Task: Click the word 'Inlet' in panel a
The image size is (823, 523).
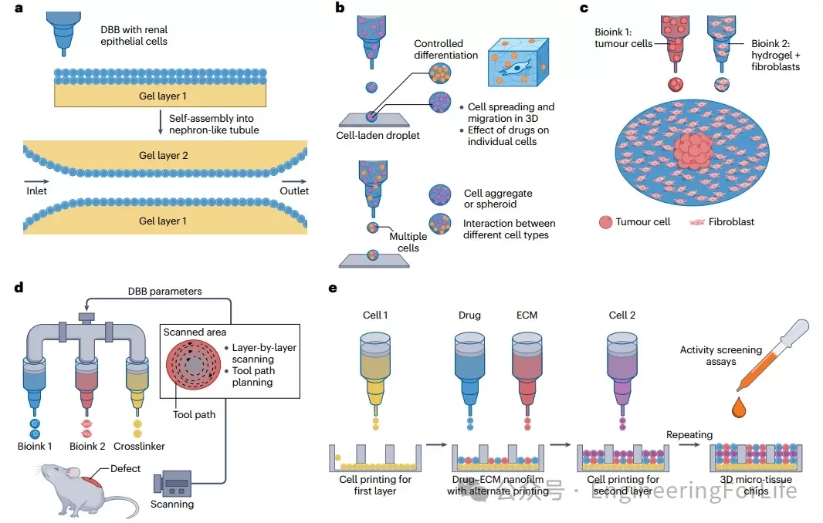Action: pyautogui.click(x=36, y=191)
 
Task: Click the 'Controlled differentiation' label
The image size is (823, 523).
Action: pyautogui.click(x=445, y=49)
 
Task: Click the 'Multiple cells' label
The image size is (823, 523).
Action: pyautogui.click(x=404, y=242)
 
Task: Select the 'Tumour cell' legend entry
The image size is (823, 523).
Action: pyautogui.click(x=638, y=222)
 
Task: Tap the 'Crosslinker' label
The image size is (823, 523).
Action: pyautogui.click(x=139, y=447)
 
